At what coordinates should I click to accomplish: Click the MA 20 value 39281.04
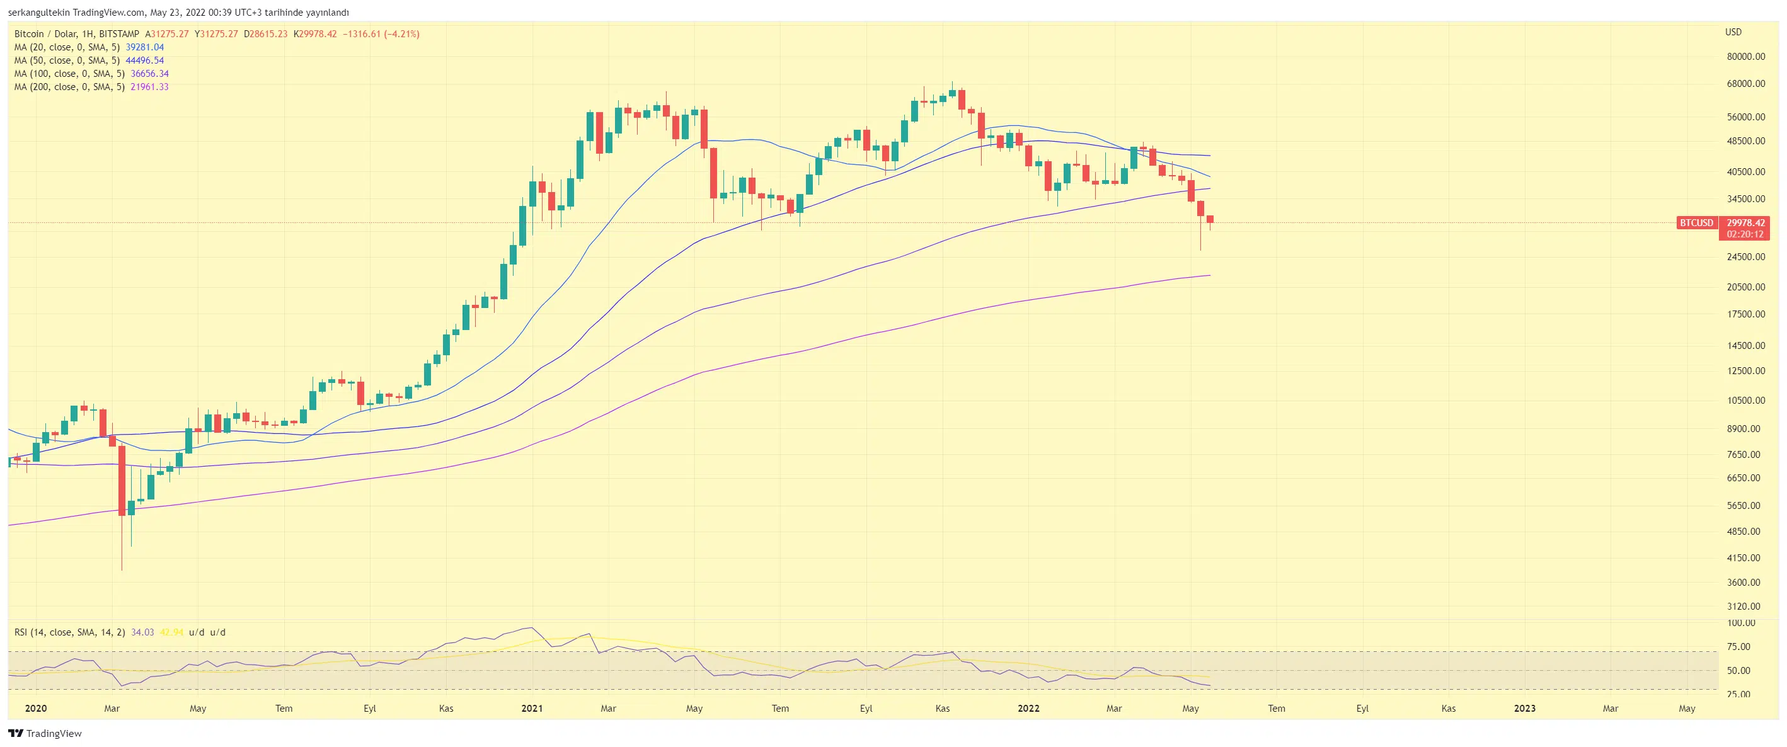coord(144,47)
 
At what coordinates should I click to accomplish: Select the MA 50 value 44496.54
coord(144,60)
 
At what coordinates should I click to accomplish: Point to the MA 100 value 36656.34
coord(149,74)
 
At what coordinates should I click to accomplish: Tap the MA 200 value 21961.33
coord(149,87)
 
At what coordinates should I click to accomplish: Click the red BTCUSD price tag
coord(1696,222)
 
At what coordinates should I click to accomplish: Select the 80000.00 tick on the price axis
coord(1745,57)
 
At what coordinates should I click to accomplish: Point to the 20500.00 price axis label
coord(1745,287)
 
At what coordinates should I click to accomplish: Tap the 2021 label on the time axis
coord(532,708)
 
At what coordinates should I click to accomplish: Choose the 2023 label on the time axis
coord(1524,708)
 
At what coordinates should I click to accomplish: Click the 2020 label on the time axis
coord(35,708)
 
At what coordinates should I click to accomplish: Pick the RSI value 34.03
coord(142,632)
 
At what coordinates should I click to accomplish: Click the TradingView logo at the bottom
coord(45,733)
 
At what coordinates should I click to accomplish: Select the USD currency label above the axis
coord(1733,32)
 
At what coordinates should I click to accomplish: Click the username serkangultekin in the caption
coord(38,13)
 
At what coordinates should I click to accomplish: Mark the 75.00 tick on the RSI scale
coord(1738,646)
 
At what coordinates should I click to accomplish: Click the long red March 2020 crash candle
coord(122,481)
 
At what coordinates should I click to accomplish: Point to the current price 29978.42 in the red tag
coord(1745,222)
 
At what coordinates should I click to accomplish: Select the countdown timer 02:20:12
coord(1745,234)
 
